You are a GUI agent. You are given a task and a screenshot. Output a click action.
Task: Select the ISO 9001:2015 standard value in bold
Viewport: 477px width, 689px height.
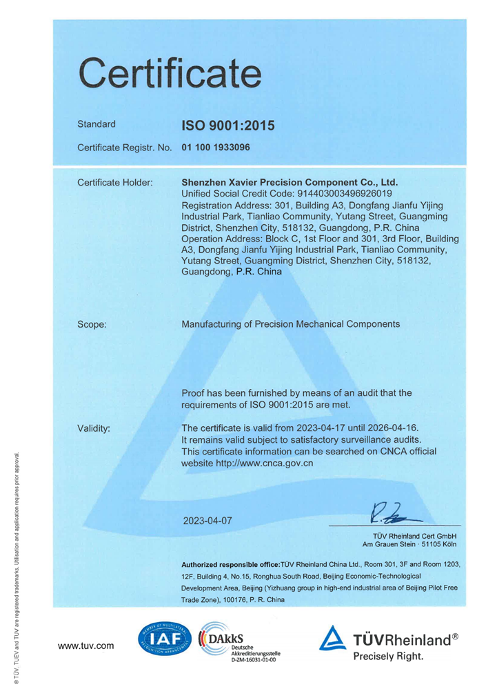[x=227, y=126]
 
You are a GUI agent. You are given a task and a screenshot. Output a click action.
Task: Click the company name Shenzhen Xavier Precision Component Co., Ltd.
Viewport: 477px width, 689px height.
[x=290, y=183]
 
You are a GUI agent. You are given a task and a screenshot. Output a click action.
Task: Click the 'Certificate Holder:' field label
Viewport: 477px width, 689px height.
[x=115, y=183]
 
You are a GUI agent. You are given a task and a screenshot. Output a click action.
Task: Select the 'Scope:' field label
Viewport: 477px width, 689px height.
[x=92, y=323]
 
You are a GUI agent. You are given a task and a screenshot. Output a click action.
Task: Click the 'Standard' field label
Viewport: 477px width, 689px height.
[x=97, y=125]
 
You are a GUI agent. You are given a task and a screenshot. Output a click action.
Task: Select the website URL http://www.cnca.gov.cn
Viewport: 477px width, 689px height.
[x=247, y=463]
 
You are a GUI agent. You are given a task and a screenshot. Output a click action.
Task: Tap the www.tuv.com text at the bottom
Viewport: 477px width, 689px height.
[x=86, y=646]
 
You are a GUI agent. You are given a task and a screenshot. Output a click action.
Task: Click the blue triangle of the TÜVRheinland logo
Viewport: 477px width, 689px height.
[x=332, y=639]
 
